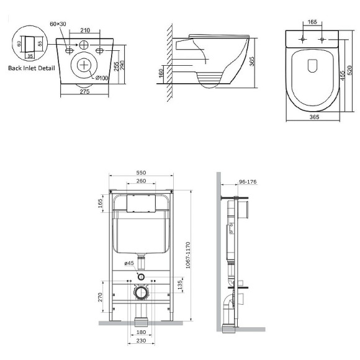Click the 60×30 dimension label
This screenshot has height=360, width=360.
[x=58, y=24]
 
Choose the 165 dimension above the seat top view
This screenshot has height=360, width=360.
[x=312, y=22]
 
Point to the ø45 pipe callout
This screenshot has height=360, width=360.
[x=129, y=264]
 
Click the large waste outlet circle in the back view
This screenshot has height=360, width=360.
[x=83, y=65]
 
